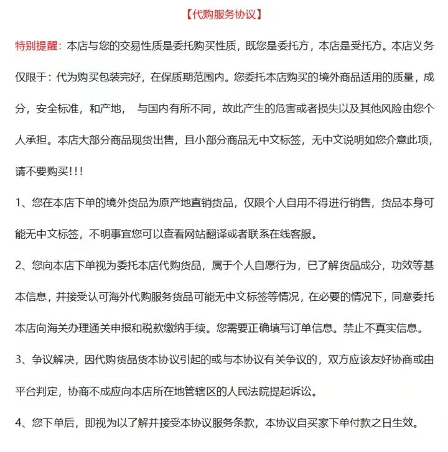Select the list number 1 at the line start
[19, 203]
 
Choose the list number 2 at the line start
[19, 265]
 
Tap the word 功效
[399, 265]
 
